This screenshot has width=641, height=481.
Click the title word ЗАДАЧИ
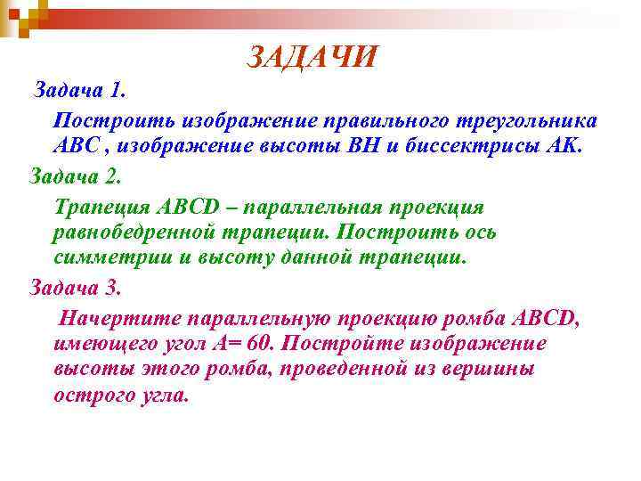tap(312, 58)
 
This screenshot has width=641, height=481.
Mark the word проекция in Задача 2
tap(433, 207)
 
